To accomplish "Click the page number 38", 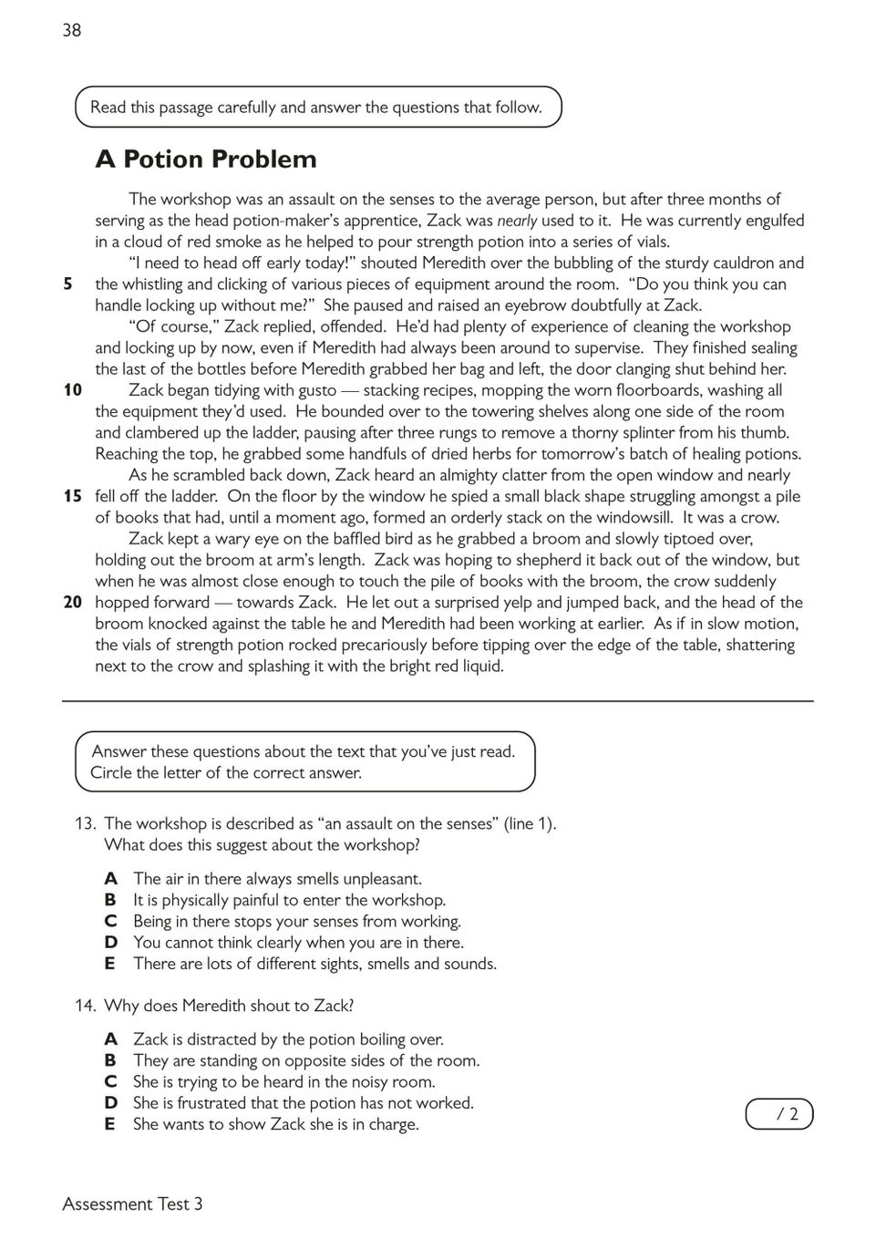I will click(72, 30).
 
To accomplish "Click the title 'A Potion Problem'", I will click(206, 160).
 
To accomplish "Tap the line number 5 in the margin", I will click(67, 284).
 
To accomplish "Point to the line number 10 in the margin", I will click(73, 390).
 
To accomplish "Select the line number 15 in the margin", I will click(73, 496).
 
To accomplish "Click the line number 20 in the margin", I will click(73, 602).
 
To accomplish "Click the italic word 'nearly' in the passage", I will click(517, 221).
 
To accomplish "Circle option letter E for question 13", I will click(110, 964).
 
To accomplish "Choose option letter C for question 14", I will click(110, 1081).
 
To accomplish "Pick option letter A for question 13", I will click(110, 879).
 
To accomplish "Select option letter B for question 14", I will click(110, 1060).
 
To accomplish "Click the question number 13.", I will click(85, 823).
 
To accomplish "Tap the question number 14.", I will click(85, 1006).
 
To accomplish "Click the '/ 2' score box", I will click(779, 1114).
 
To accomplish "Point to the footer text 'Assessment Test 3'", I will click(133, 1204).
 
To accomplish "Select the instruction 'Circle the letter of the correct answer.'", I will click(226, 773).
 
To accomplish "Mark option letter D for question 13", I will click(110, 943).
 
